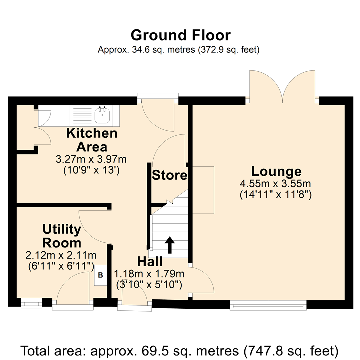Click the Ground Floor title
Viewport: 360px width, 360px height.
coord(180,35)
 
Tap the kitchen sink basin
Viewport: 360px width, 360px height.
coord(102,115)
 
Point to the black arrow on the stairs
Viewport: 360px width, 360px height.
coord(170,245)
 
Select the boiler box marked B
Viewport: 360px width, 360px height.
coord(101,275)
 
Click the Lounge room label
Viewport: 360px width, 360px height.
coord(276,172)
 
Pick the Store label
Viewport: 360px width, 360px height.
coord(169,175)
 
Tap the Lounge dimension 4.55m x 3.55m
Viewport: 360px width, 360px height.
coord(275,184)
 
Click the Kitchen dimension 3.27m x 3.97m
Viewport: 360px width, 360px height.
coord(91,159)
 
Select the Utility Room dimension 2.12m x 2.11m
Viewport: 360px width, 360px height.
coord(61,255)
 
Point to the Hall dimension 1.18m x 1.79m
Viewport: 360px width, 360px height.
coord(149,274)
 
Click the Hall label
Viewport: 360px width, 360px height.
coord(150,262)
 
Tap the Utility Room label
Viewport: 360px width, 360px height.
coord(62,236)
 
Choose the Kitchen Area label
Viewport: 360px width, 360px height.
coord(92,140)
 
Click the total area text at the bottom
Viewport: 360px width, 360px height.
coord(180,351)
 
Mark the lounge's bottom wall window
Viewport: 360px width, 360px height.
coord(268,305)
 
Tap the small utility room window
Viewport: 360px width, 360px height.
coord(31,303)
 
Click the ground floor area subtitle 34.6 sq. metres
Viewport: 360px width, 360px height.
coord(179,49)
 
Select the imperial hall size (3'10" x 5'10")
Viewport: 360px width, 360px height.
coord(149,285)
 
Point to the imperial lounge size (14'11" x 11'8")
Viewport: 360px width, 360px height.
coord(276,195)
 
